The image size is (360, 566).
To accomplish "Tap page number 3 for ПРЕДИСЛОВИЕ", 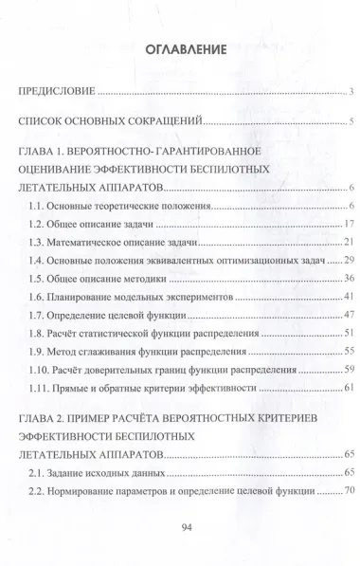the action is coord(351,92).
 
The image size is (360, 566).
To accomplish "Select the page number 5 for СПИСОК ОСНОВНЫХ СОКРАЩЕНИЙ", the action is coord(351,121).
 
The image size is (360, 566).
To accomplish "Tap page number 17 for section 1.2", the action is coord(349,224).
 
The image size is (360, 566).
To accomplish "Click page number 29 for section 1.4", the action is coord(349,260).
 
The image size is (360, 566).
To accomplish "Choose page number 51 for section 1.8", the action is coord(349,333).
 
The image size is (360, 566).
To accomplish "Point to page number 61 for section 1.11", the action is coord(349,388).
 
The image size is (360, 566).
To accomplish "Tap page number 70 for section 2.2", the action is coord(349,492).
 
